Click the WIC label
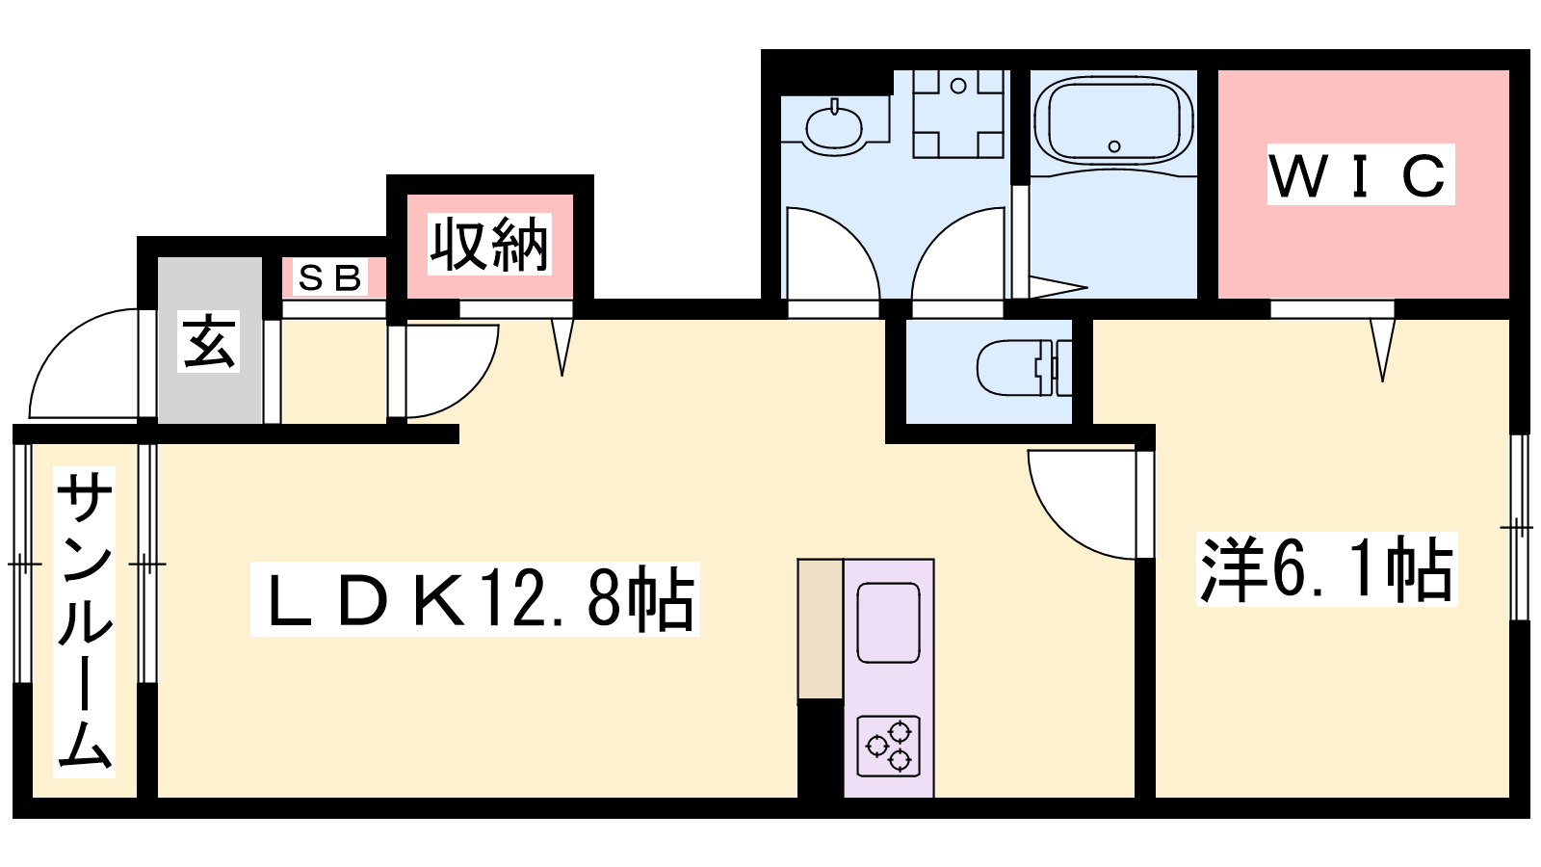[1360, 175]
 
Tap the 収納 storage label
[489, 245]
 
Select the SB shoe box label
[330, 277]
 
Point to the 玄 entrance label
[208, 342]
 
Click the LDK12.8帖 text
[475, 598]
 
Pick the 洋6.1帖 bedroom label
[1326, 569]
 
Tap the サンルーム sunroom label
[84, 622]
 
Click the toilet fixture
[1025, 367]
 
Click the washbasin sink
[834, 128]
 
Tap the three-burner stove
[889, 746]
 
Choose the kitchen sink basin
[889, 622]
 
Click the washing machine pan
[958, 114]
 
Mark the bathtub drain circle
[1114, 145]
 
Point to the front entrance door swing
[83, 363]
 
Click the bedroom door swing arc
[1082, 505]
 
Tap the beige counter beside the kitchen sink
[821, 630]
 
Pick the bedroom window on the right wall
[1519, 528]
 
